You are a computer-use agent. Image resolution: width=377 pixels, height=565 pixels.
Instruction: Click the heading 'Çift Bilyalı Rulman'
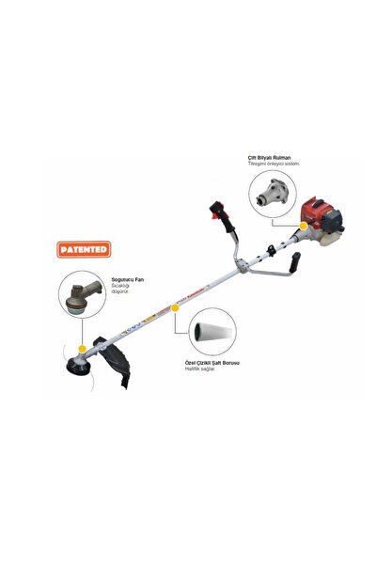(x=269, y=157)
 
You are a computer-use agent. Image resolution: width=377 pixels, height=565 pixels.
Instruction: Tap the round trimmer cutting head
(x=77, y=372)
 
